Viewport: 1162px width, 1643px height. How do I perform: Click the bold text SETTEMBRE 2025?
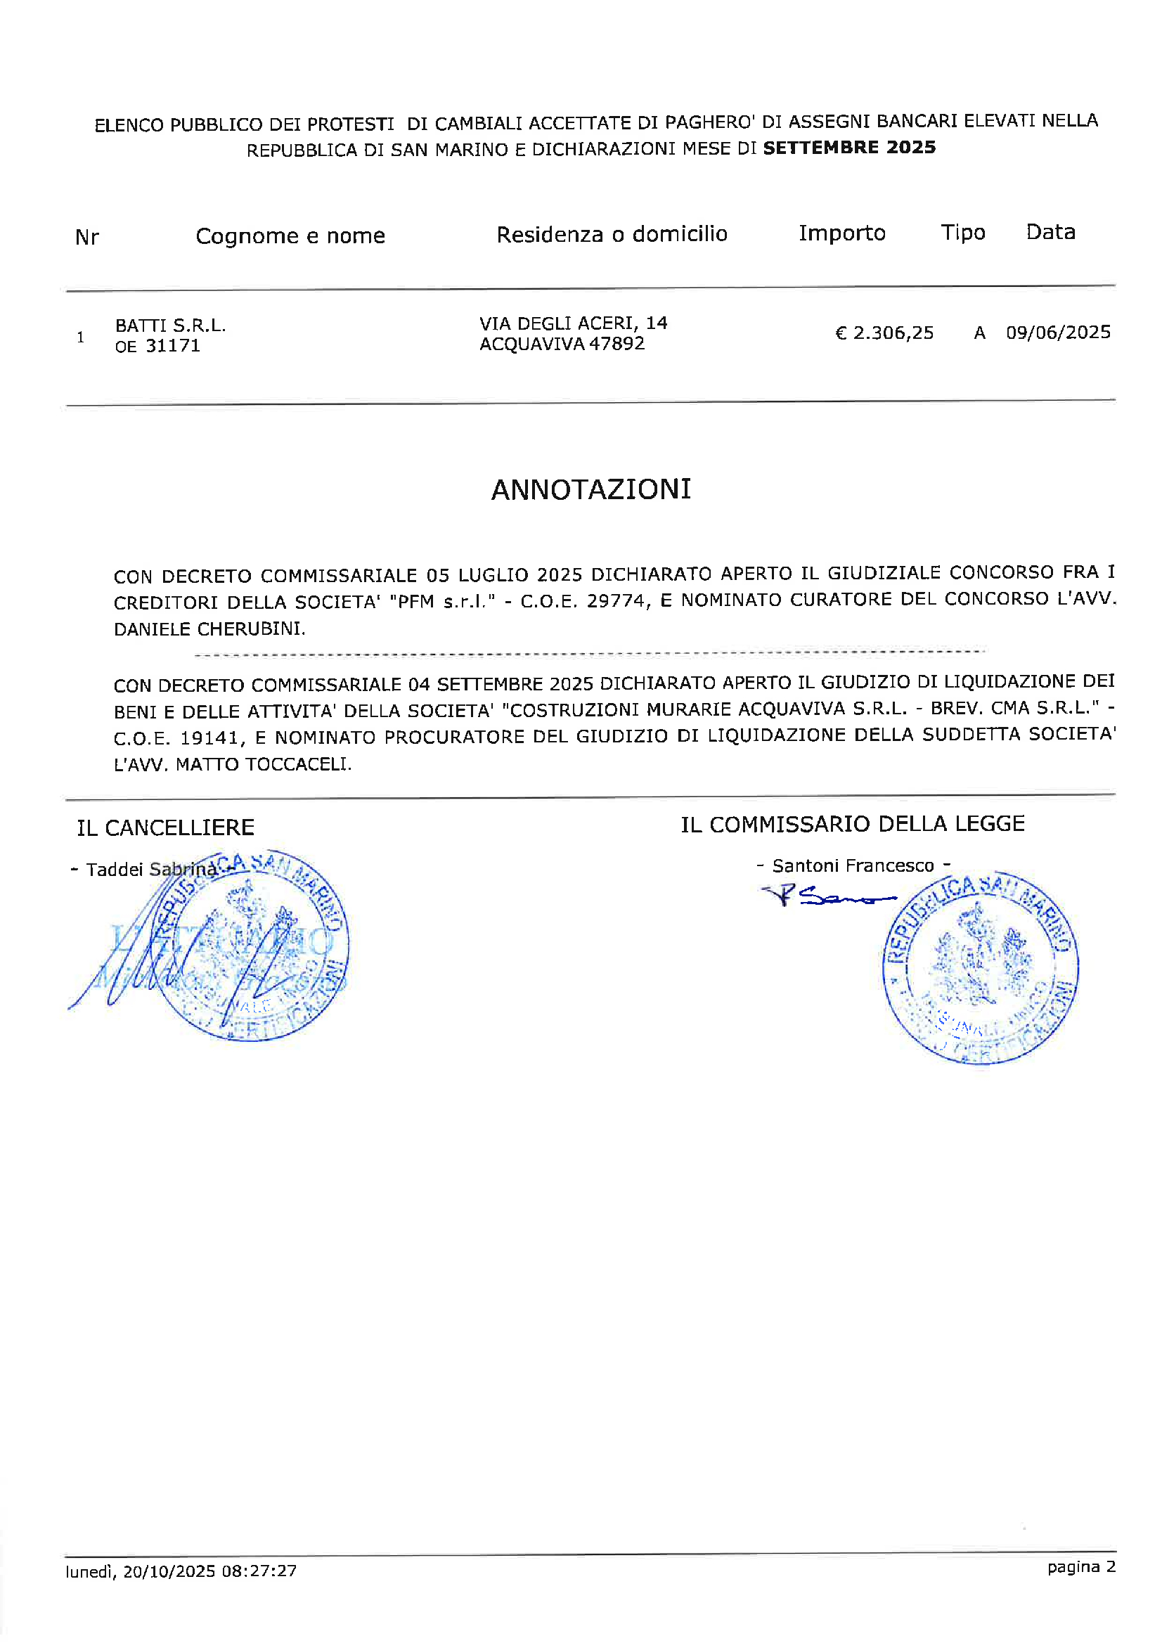point(849,148)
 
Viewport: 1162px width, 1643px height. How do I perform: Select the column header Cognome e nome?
point(290,236)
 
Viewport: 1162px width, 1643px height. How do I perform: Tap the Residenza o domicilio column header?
point(612,234)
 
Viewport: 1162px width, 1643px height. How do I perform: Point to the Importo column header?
point(842,233)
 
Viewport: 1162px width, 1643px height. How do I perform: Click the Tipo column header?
point(963,232)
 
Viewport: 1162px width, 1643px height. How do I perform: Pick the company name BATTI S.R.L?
point(170,326)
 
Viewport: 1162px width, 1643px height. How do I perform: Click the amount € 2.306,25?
point(884,333)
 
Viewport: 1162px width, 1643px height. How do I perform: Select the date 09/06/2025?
point(1058,332)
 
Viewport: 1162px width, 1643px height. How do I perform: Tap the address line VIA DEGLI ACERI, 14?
point(573,323)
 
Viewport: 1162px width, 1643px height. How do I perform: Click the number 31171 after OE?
point(173,346)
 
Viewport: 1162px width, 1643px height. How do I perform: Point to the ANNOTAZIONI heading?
point(591,489)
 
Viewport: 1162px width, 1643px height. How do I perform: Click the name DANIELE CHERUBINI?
point(209,629)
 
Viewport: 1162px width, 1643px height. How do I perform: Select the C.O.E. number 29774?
point(618,601)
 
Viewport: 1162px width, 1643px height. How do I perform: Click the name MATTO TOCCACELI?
point(264,764)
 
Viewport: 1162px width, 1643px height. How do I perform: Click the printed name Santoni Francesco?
point(853,866)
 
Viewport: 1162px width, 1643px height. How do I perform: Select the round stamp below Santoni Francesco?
point(981,969)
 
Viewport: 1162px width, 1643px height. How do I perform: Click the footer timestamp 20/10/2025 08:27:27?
point(209,1571)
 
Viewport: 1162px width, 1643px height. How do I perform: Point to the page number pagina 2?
point(1081,1567)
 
